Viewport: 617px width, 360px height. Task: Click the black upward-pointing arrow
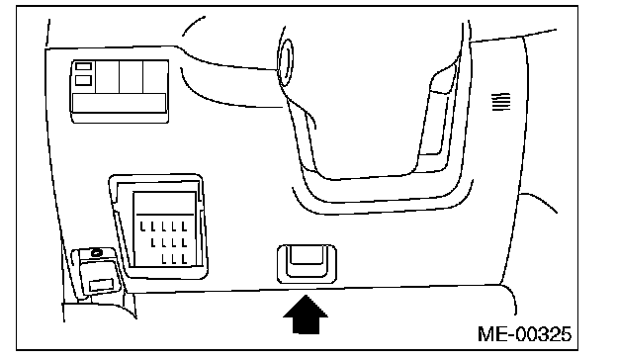(306, 315)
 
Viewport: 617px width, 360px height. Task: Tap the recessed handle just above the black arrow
(307, 264)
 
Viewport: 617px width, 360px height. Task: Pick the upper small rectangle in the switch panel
(83, 66)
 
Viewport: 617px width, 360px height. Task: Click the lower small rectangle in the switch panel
(83, 80)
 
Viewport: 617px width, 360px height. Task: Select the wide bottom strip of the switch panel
(120, 103)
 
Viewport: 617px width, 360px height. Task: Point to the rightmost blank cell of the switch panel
(155, 77)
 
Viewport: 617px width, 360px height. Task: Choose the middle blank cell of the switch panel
(132, 77)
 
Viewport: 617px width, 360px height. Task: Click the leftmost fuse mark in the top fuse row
(142, 226)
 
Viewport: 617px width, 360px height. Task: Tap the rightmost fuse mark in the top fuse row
(184, 226)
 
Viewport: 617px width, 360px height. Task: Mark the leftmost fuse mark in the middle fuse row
(153, 242)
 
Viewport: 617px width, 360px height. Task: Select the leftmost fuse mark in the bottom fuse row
(163, 258)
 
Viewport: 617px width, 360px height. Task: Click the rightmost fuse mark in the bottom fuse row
(184, 258)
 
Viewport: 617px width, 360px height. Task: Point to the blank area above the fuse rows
(164, 204)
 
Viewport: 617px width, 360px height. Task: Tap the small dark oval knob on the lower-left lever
(97, 252)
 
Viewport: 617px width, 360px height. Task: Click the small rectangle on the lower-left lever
(102, 285)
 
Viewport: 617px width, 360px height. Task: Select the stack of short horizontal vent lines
(501, 102)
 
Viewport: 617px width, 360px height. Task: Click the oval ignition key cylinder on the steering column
(286, 62)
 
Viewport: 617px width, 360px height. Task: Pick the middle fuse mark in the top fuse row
(163, 226)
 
